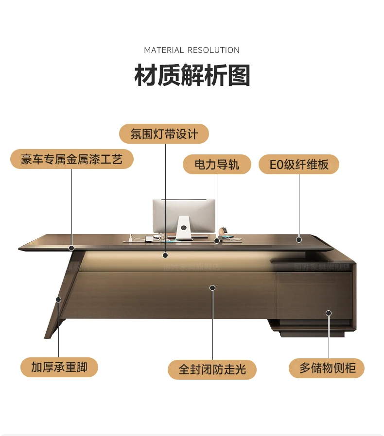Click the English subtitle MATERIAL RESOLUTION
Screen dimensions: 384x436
tap(192, 50)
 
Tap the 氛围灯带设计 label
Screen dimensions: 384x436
tap(164, 134)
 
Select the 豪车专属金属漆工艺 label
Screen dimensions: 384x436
tap(71, 159)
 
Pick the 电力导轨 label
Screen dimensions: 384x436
tap(217, 165)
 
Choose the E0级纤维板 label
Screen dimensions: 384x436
tap(299, 165)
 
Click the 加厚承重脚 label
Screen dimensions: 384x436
tap(59, 367)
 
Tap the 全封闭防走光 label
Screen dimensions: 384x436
tap(212, 369)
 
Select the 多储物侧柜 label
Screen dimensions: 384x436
tap(327, 368)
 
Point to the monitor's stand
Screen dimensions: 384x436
tap(183, 229)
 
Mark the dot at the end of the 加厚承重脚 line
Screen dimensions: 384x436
tap(58, 300)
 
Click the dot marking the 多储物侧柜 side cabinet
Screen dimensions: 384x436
tap(329, 313)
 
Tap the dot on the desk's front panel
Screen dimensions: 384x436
tap(212, 288)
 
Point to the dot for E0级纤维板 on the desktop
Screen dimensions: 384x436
tap(299, 239)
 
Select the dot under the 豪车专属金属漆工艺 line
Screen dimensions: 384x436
tap(71, 248)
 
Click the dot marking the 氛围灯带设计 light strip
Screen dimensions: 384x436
tap(165, 255)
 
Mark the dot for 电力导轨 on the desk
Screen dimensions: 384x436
tap(217, 240)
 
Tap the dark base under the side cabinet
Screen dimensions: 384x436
tap(311, 332)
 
